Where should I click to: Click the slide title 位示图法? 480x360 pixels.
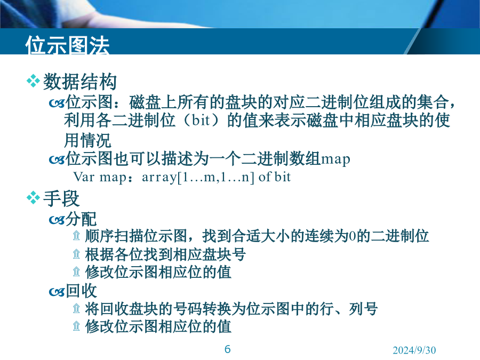(67, 45)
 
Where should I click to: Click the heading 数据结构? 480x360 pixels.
(80, 82)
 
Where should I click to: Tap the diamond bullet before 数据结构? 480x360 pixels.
(33, 82)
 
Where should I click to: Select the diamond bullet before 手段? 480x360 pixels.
(33, 198)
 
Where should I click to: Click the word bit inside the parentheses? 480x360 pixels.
(201, 119)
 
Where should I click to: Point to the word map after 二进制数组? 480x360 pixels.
(335, 159)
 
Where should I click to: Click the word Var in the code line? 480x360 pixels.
(83, 177)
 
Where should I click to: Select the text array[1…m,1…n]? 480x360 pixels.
(198, 177)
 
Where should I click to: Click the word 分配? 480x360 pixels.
(81, 219)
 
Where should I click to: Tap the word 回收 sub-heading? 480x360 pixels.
(81, 291)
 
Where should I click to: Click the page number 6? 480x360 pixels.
(227, 349)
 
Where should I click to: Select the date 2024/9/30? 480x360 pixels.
(414, 350)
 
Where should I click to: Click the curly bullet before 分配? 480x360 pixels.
(57, 220)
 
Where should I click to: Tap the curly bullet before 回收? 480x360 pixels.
(57, 292)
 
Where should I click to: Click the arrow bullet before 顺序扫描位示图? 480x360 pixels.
(76, 235)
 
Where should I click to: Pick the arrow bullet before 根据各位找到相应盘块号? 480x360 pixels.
(76, 254)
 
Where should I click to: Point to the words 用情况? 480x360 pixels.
(87, 140)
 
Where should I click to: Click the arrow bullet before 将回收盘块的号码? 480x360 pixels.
(76, 308)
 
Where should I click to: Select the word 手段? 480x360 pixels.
(61, 198)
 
